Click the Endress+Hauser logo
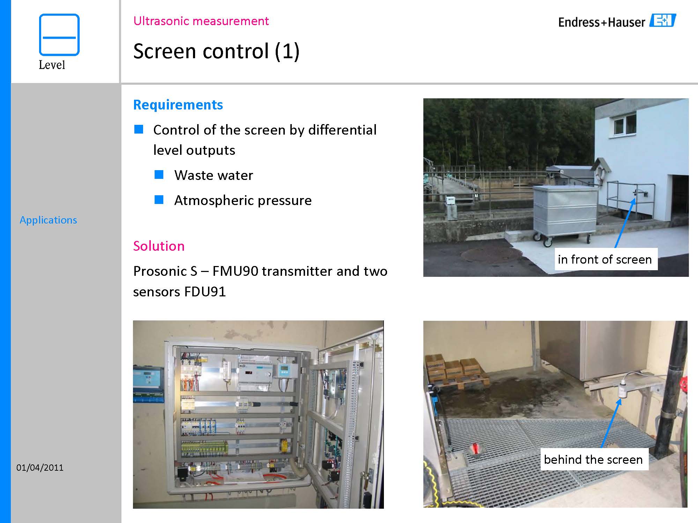(617, 21)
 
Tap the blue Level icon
(59, 35)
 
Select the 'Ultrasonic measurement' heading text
(201, 21)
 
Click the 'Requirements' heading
(178, 105)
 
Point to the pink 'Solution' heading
(159, 246)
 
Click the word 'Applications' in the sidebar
(48, 220)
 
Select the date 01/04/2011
(40, 468)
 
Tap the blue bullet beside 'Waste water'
(159, 174)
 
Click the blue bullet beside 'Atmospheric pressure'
(159, 199)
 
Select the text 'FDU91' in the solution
(205, 291)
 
